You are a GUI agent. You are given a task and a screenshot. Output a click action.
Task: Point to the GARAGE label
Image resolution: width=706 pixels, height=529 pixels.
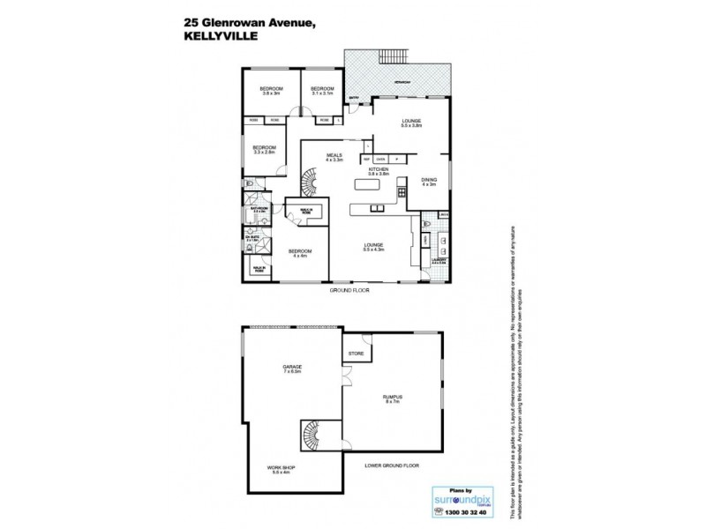tap(292, 369)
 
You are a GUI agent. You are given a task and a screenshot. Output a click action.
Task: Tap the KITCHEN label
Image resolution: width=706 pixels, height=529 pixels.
tap(379, 170)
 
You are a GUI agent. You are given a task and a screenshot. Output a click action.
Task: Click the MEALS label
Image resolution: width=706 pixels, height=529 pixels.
tap(334, 156)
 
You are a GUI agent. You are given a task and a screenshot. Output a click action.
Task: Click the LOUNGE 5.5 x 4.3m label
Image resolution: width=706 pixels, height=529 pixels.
tap(377, 248)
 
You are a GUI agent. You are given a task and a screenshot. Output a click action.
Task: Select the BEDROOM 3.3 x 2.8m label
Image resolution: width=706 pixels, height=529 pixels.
tap(265, 149)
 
